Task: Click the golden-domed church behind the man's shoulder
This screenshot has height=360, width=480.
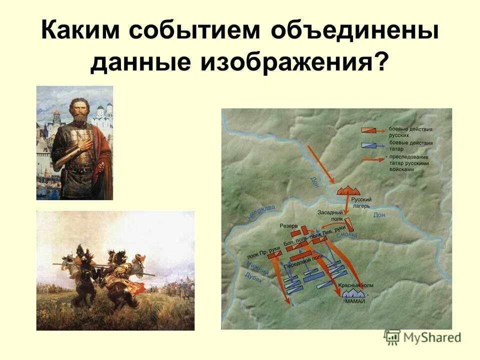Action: pyautogui.click(x=54, y=117)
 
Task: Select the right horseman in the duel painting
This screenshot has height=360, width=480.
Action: pyautogui.click(x=122, y=272)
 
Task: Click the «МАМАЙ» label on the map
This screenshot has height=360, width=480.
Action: pyautogui.click(x=354, y=301)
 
